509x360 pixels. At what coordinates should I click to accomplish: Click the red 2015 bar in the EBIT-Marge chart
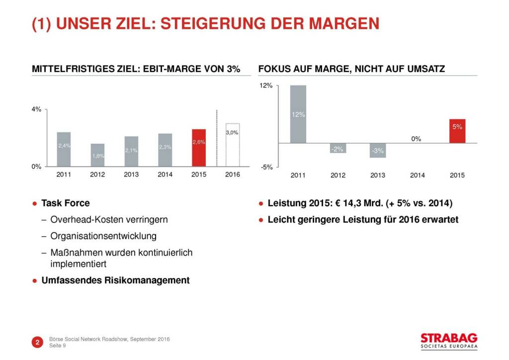point(199,148)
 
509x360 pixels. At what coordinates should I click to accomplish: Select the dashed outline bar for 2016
point(233,145)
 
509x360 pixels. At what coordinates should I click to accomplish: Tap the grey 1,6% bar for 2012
point(97,155)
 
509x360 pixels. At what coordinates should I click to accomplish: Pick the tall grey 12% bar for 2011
point(298,114)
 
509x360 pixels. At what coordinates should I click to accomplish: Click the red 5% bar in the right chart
point(457,131)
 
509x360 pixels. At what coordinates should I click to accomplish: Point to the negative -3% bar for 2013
point(377,151)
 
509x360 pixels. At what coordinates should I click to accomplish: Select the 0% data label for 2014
point(417,139)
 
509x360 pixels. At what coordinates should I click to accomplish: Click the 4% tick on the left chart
point(36,109)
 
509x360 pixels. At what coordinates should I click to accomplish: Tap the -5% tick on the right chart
point(266,167)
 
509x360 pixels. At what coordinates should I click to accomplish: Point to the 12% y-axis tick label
point(266,86)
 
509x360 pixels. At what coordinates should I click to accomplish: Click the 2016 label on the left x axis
point(233,175)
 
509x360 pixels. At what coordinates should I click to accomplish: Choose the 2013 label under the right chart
point(377,175)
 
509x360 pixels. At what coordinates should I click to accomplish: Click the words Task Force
point(66,203)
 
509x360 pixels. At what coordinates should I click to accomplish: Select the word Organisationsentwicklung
point(103,236)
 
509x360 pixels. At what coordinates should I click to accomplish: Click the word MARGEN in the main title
point(339,24)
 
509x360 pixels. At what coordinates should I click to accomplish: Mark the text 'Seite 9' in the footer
point(58,346)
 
